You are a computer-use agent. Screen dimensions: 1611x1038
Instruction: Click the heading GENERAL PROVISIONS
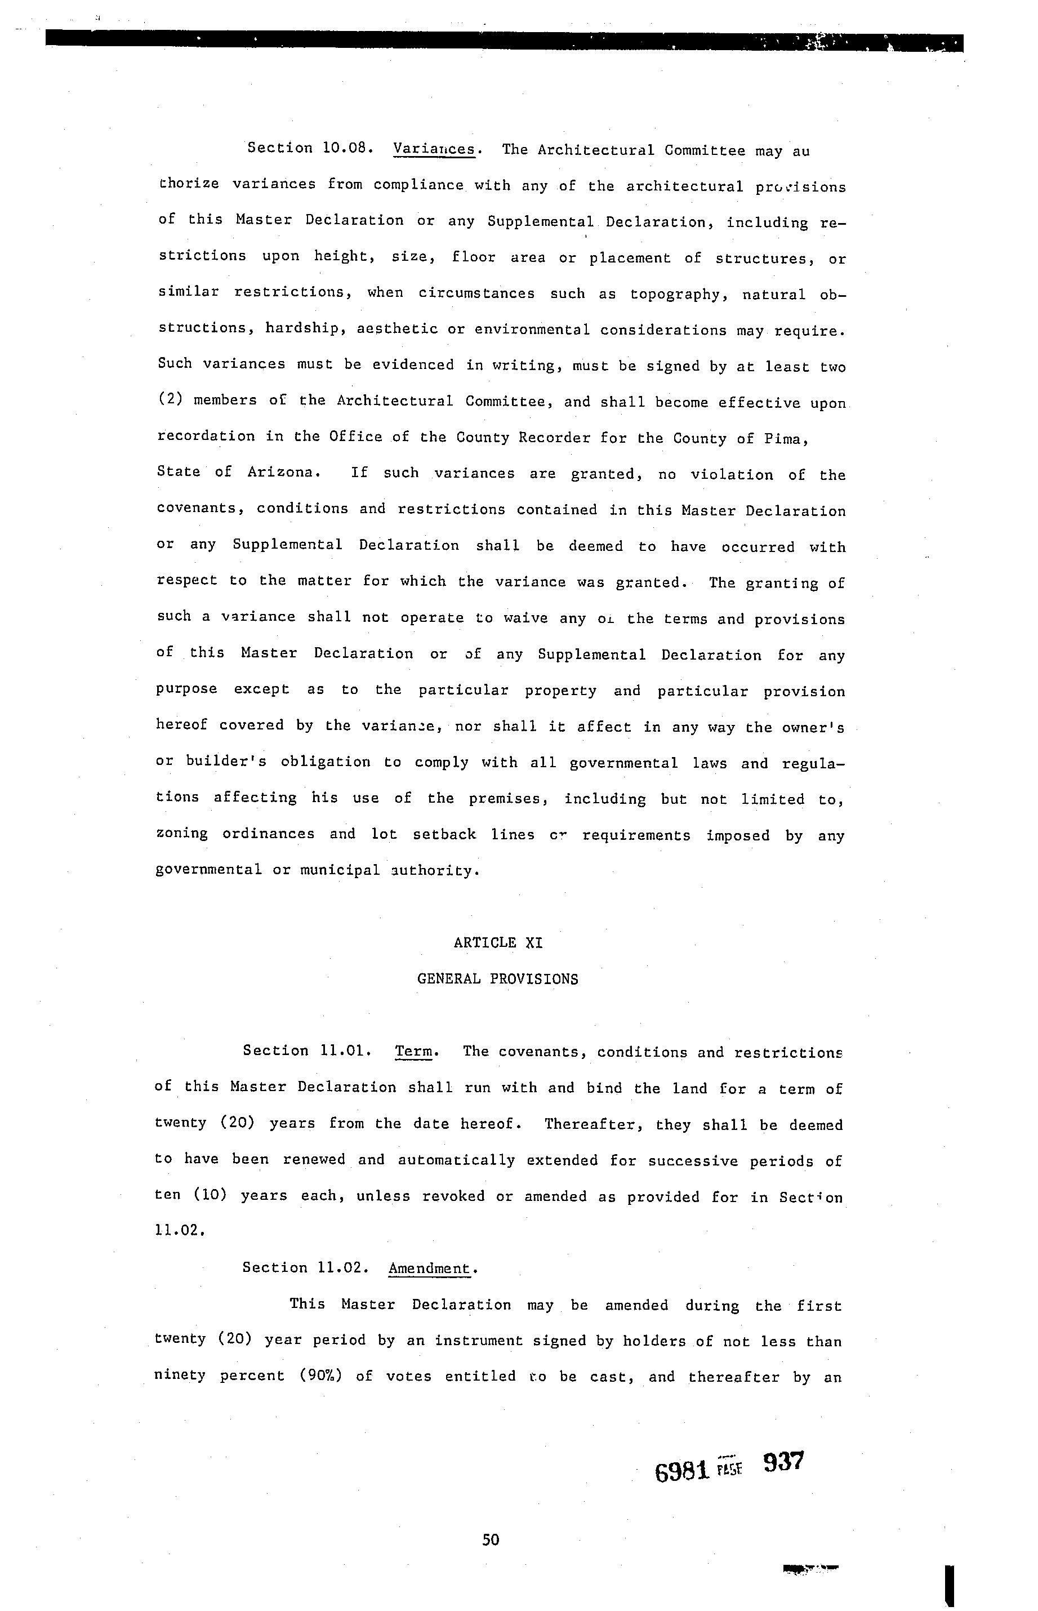pyautogui.click(x=497, y=979)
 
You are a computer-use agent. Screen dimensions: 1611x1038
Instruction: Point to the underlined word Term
pyautogui.click(x=413, y=1051)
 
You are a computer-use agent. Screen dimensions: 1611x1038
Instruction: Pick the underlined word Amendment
pyautogui.click(x=429, y=1268)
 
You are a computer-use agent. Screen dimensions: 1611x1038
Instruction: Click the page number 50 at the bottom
pyautogui.click(x=491, y=1539)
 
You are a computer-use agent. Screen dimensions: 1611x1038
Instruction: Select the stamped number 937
pyautogui.click(x=784, y=1462)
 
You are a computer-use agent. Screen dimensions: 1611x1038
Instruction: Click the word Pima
pyautogui.click(x=785, y=439)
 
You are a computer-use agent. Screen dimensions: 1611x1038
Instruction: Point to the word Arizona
pyautogui.click(x=282, y=473)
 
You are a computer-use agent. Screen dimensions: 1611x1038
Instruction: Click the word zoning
pyautogui.click(x=181, y=834)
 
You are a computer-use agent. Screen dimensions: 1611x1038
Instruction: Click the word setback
pyautogui.click(x=444, y=834)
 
